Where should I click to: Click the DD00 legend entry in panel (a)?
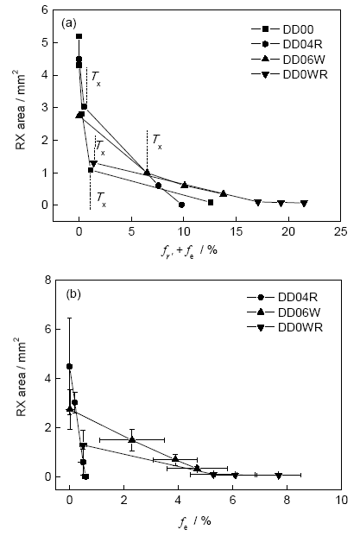pos(282,29)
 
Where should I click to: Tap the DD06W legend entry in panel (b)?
pos(284,312)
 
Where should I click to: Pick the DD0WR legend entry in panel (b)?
pos(285,327)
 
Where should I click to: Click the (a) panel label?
pos(69,23)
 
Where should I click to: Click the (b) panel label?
pos(73,293)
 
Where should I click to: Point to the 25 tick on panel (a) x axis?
pos(340,232)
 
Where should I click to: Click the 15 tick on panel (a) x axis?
pos(236,232)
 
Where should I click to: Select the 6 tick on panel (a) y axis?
pos(44,9)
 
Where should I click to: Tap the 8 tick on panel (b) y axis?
pos(47,280)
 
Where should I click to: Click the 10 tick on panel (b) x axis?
pos(341,500)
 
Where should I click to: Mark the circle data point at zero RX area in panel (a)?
pos(181,205)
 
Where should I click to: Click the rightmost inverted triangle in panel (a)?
pos(304,203)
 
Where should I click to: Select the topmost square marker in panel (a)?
pos(79,36)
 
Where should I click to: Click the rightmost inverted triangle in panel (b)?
pos(279,476)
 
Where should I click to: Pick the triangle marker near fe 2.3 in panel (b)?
pos(132,439)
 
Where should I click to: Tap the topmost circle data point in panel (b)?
pos(69,367)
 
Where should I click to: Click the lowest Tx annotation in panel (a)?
pos(101,199)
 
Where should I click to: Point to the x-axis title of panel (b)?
pos(195,521)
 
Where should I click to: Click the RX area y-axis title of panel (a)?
pos(21,110)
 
